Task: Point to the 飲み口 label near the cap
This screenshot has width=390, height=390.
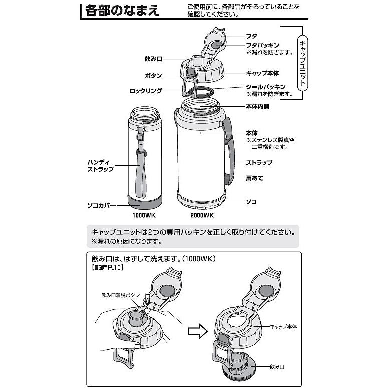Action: click(153, 59)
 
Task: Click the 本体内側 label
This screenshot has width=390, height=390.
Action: click(258, 107)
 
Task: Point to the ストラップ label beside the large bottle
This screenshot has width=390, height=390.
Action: click(259, 163)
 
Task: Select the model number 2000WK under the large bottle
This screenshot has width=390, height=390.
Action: click(201, 216)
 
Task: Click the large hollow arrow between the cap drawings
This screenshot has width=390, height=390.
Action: click(198, 330)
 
